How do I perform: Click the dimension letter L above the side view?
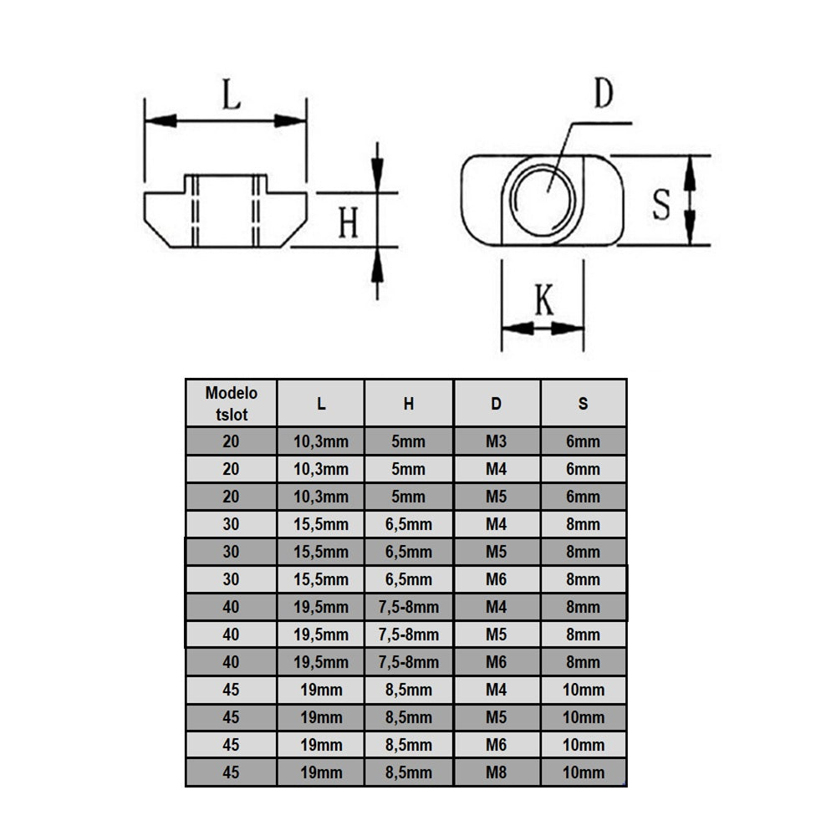232,94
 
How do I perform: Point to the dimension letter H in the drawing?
349,223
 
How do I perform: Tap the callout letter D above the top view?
603,95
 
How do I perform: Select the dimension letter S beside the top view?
661,204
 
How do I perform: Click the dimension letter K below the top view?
543,299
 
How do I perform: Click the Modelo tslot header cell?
231,403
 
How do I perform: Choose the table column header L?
321,403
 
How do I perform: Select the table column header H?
409,403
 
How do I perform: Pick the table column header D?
497,403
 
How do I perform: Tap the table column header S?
583,403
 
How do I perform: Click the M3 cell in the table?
497,441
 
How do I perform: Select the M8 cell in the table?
497,772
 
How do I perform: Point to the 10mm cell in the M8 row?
583,772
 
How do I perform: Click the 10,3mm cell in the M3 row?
321,441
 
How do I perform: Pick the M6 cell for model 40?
497,662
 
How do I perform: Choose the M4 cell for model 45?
497,690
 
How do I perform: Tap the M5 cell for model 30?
497,552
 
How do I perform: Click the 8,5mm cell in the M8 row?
409,772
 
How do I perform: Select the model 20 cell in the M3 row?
231,441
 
